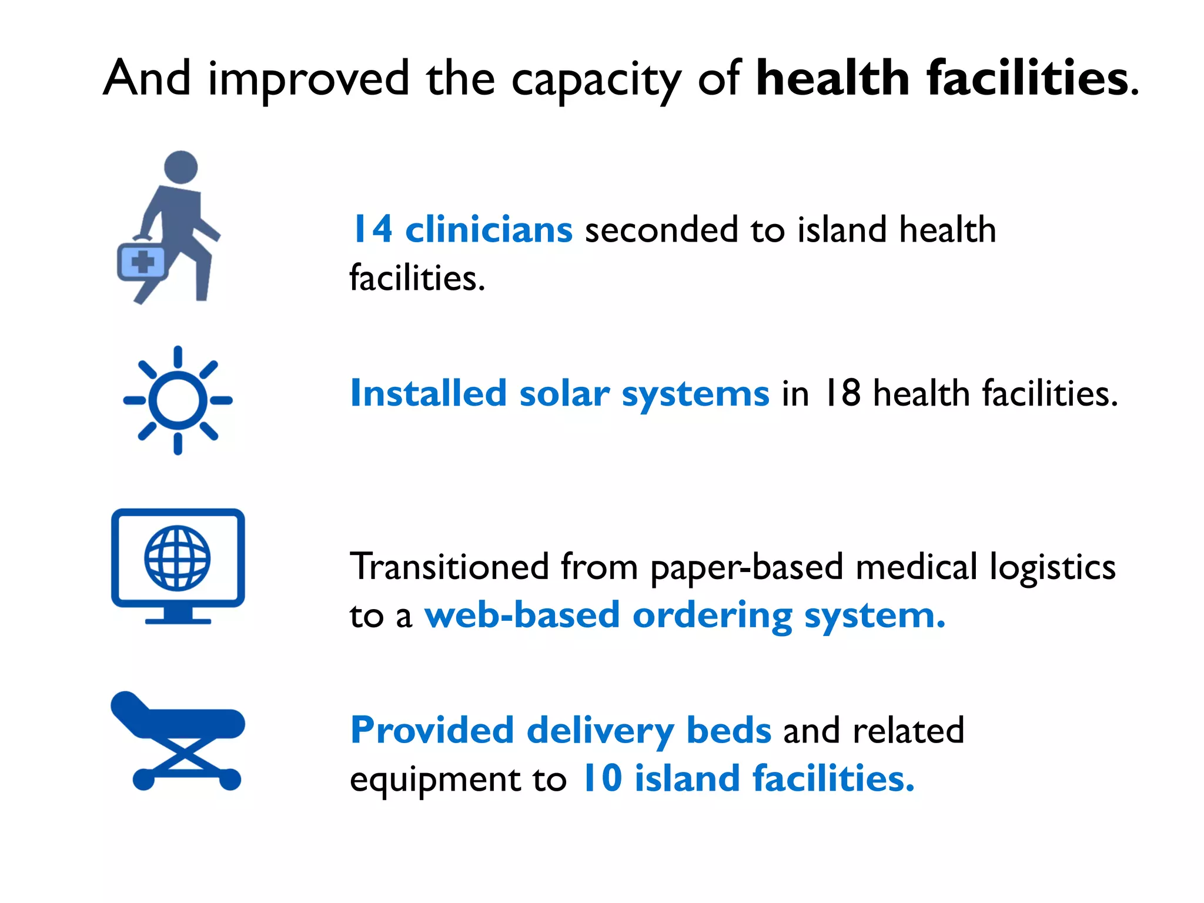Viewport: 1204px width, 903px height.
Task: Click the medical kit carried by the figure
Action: [x=142, y=262]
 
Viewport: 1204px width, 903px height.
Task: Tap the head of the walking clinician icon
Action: [x=180, y=167]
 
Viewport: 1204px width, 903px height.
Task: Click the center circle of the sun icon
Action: [x=178, y=400]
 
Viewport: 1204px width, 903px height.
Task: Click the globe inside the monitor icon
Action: [x=178, y=558]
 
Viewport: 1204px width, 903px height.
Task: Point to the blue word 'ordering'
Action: [x=712, y=616]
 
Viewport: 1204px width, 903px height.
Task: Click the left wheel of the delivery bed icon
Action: [x=143, y=780]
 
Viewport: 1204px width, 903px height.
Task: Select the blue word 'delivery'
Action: [x=600, y=731]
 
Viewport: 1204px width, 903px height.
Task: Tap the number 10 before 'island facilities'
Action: [x=602, y=778]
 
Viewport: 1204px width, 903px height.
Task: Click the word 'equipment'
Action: [x=436, y=780]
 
